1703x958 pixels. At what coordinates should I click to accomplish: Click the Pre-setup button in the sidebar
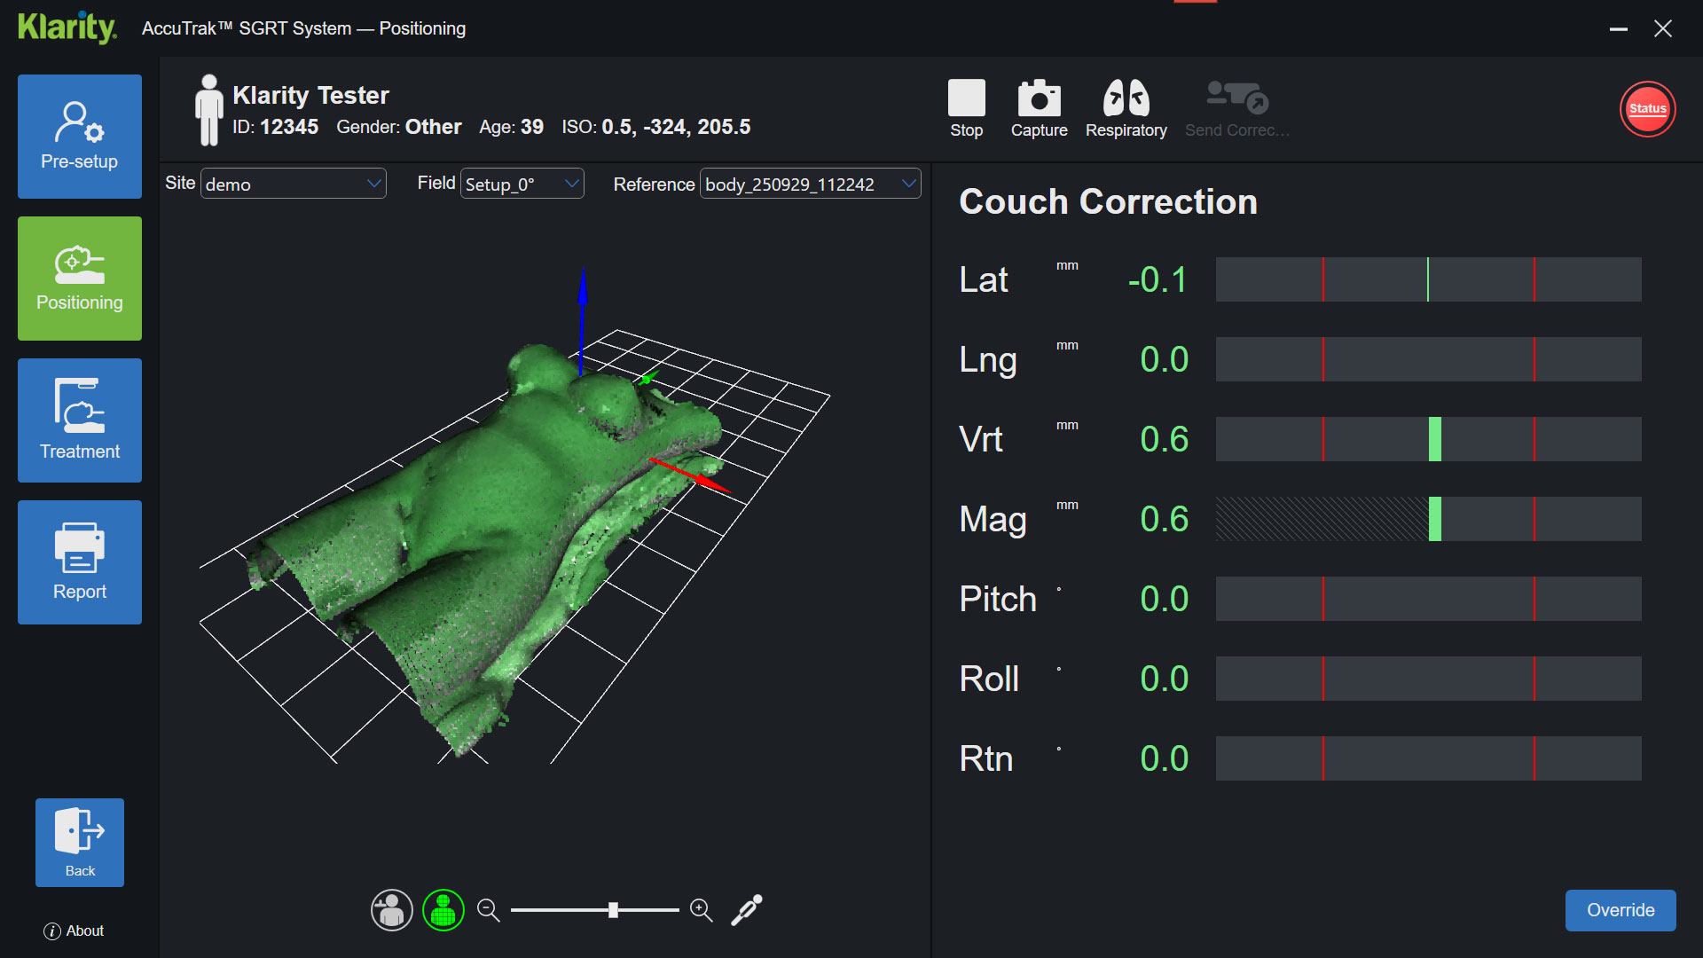coord(80,137)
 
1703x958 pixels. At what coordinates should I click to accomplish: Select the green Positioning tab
coord(80,279)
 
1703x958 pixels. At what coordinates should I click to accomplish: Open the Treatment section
coord(80,420)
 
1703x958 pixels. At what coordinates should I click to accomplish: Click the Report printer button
coord(80,562)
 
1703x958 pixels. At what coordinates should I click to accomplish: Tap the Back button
coord(80,842)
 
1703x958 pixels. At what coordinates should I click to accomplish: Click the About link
coord(75,931)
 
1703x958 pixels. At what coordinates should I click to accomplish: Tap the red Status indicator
coord(1647,109)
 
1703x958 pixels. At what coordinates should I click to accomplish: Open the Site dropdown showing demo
coord(294,184)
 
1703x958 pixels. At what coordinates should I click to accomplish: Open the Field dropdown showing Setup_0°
coord(522,184)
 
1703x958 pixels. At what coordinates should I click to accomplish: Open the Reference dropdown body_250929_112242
coord(810,184)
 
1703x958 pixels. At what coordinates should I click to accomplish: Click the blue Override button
coord(1620,910)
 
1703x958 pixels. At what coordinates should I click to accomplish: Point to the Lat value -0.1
coord(1158,280)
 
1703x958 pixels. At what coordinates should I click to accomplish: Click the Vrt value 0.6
coord(1164,440)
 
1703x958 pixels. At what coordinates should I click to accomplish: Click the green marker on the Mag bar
coord(1434,519)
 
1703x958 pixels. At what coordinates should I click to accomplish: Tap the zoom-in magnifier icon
coord(701,910)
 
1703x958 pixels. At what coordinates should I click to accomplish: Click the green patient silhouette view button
coord(443,910)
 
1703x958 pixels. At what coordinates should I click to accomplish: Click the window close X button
coord(1663,28)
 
